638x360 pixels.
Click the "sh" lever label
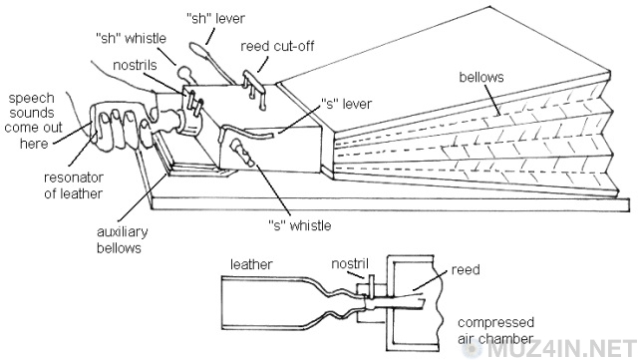pos(215,18)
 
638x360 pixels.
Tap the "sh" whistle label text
pos(131,38)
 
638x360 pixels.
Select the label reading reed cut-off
pos(277,46)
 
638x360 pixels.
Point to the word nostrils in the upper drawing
pos(135,65)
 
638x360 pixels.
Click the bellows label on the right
pos(481,77)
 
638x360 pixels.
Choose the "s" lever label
pos(346,104)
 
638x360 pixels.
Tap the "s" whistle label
pos(300,225)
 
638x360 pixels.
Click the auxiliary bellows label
pos(122,240)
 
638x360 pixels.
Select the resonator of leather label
pos(73,185)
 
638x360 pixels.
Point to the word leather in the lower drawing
pos(251,264)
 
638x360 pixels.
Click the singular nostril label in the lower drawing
pos(350,263)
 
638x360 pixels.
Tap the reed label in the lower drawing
pos(466,269)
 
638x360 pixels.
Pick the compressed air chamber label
pos(495,330)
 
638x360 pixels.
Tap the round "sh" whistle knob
pos(183,73)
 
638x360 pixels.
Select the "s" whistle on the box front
pos(242,152)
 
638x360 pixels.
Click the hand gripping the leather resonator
pos(122,126)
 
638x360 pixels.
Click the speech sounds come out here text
pos(33,121)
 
